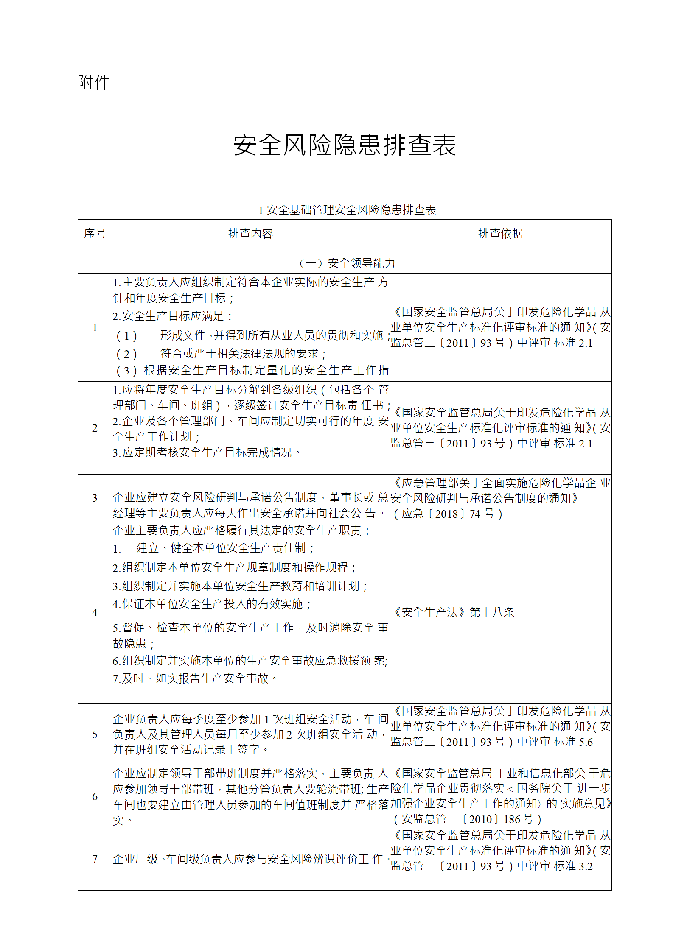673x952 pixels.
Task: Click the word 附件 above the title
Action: click(x=94, y=83)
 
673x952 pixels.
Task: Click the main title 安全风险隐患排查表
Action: click(x=345, y=145)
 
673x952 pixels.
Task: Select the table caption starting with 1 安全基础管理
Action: click(x=347, y=210)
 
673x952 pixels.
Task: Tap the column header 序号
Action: click(x=95, y=234)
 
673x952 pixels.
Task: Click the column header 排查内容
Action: click(x=250, y=234)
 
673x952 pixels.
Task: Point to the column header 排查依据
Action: click(x=500, y=234)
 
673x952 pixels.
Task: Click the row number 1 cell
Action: click(x=95, y=327)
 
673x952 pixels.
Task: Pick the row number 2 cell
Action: click(x=95, y=428)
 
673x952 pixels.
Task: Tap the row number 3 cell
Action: click(x=95, y=498)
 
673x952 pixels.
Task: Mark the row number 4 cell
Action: click(x=95, y=612)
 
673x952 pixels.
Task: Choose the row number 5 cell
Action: click(x=95, y=734)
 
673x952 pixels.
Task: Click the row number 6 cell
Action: click(x=95, y=796)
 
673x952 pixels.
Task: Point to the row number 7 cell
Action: click(x=95, y=859)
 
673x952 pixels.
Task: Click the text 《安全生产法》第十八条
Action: click(x=453, y=612)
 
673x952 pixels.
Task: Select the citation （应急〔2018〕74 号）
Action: click(x=448, y=514)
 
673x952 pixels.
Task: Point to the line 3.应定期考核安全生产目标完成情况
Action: click(x=207, y=452)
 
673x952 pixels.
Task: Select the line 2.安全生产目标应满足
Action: click(x=173, y=316)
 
